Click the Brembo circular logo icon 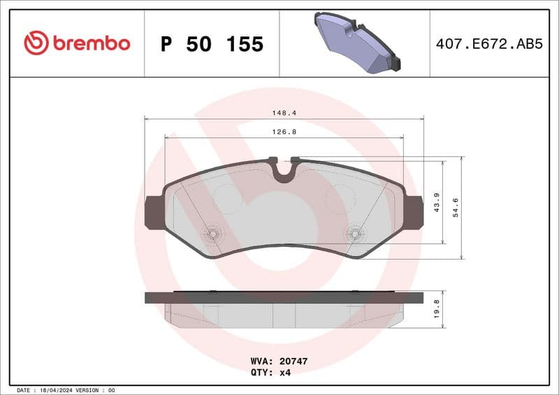pyautogui.click(x=36, y=43)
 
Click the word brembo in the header pyautogui.click(x=91, y=43)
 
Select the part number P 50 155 pyautogui.click(x=212, y=44)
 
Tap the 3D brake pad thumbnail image pyautogui.click(x=356, y=42)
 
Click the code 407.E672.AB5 pyautogui.click(x=488, y=44)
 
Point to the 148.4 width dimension pyautogui.click(x=283, y=112)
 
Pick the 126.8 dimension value pyautogui.click(x=283, y=131)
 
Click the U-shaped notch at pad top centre pyautogui.click(x=284, y=170)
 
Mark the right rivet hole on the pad pyautogui.click(x=355, y=234)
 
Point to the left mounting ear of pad pyautogui.click(x=152, y=212)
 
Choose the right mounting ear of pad pyautogui.click(x=414, y=212)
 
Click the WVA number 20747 pyautogui.click(x=293, y=362)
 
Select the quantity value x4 pyautogui.click(x=286, y=373)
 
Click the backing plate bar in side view pyautogui.click(x=284, y=297)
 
